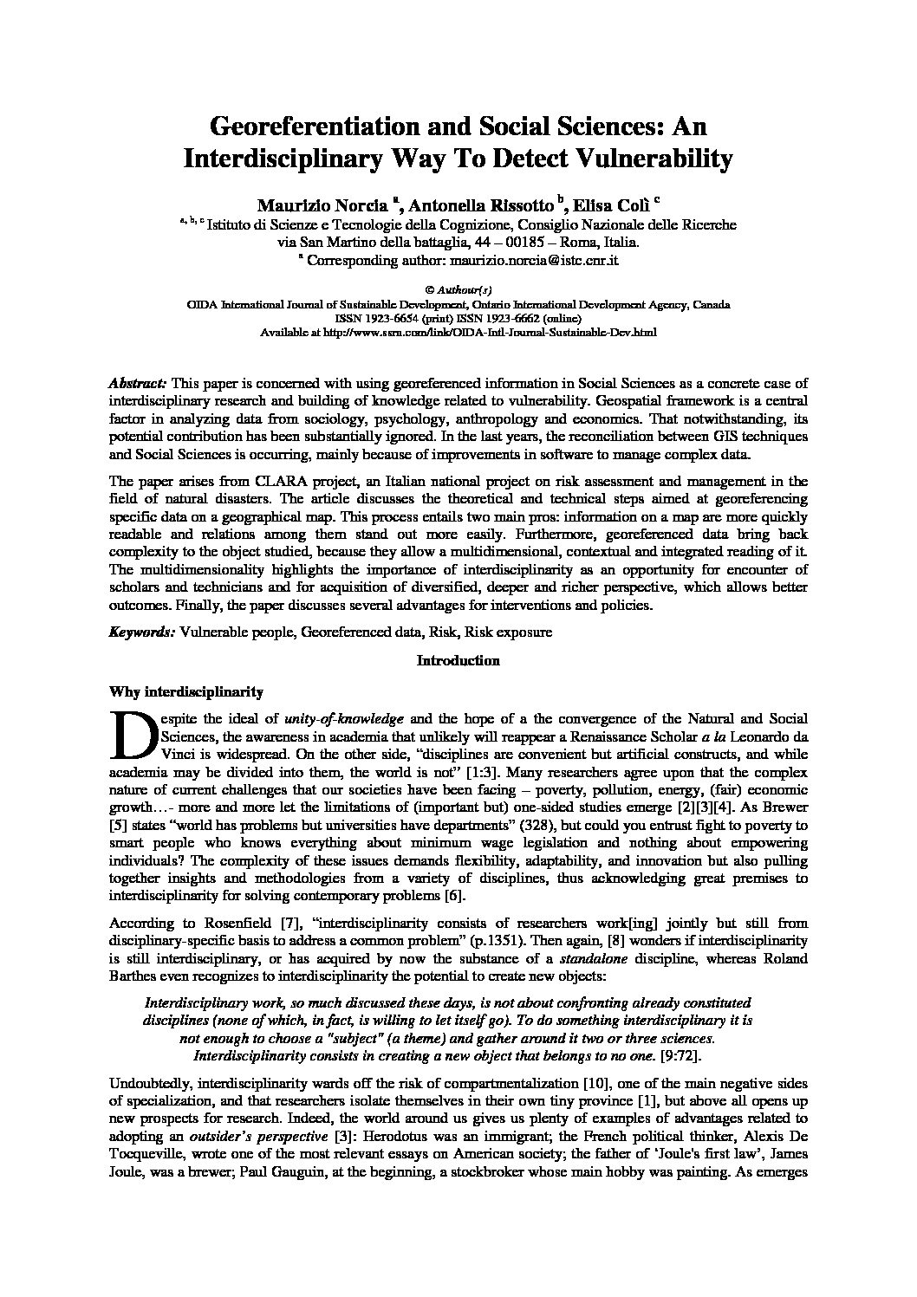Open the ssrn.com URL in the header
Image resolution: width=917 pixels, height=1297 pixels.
pyautogui.click(x=506, y=331)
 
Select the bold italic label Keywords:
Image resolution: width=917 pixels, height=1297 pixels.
pyautogui.click(x=141, y=632)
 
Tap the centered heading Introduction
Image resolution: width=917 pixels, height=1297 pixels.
pyautogui.click(x=458, y=661)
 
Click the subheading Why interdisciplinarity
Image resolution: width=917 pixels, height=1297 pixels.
pyautogui.click(x=185, y=691)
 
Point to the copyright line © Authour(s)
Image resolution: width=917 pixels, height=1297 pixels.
pyautogui.click(x=458, y=292)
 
